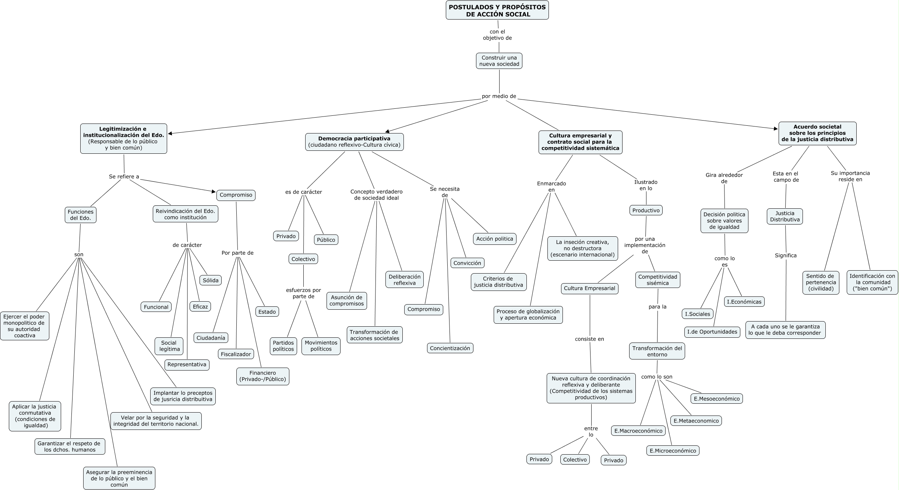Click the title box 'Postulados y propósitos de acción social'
click(497, 10)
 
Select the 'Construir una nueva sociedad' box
click(499, 61)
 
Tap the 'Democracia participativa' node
click(354, 142)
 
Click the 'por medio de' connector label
click(499, 96)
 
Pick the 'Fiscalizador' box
click(236, 354)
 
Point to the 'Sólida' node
click(211, 280)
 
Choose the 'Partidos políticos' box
click(283, 346)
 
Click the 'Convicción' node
click(467, 263)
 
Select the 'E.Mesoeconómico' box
click(716, 399)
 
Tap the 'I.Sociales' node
click(697, 314)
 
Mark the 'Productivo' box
click(646, 211)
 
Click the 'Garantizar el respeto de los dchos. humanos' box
click(70, 446)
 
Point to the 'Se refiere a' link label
click(124, 177)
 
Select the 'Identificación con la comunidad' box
click(872, 282)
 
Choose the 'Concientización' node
click(450, 348)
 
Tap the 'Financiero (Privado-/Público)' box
click(262, 376)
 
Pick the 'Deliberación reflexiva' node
click(404, 280)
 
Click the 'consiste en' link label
click(589, 339)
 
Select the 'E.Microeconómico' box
click(673, 451)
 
